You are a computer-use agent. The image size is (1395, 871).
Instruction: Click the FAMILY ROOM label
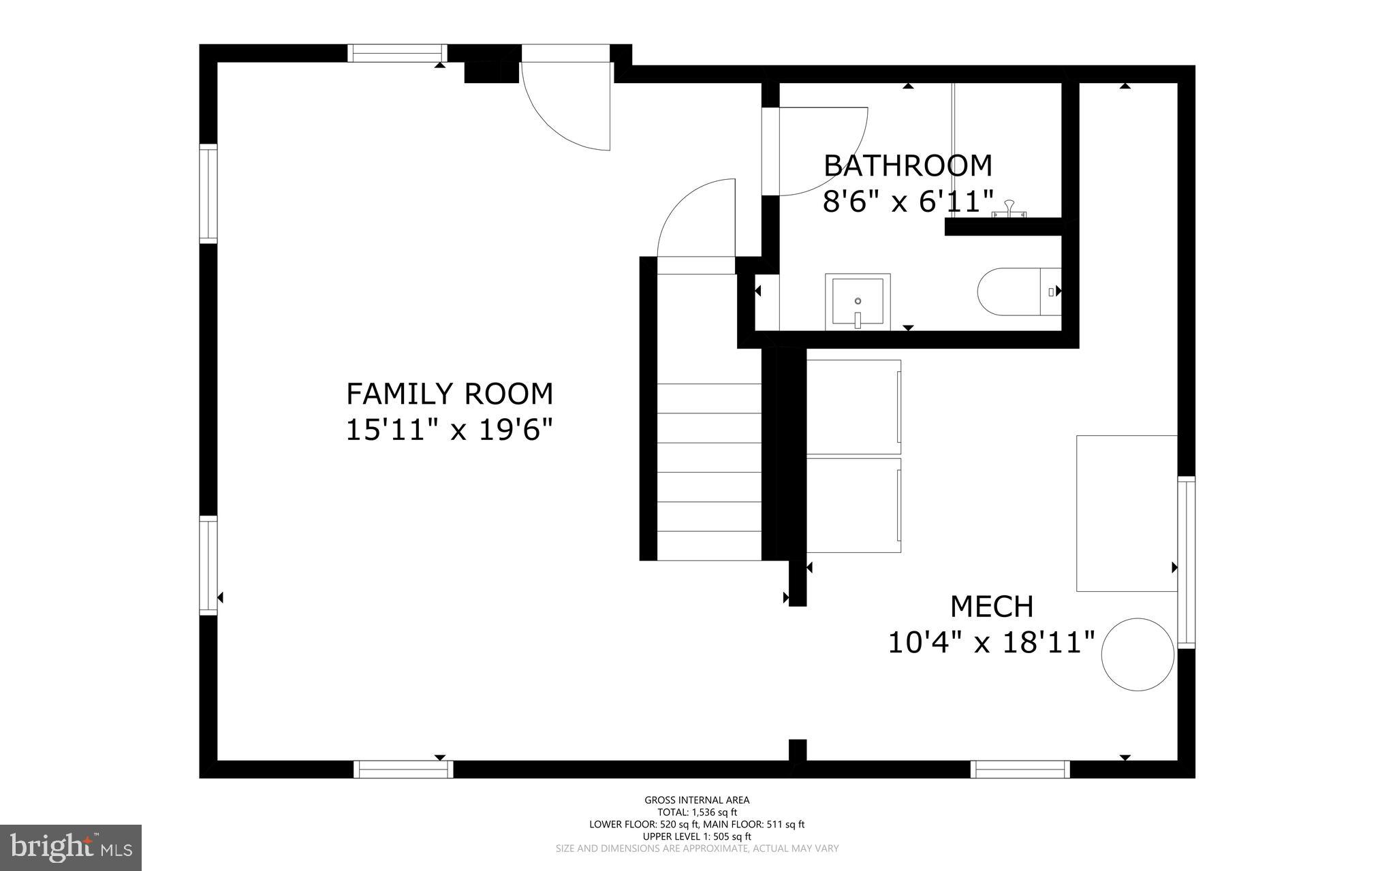click(x=450, y=394)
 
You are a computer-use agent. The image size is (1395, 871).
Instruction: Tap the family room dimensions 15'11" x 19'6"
click(x=449, y=430)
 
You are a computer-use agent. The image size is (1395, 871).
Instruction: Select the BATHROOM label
click(x=908, y=165)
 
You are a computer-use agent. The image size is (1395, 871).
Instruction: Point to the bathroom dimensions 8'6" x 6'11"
click(x=908, y=202)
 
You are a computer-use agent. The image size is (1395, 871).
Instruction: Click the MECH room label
click(x=992, y=606)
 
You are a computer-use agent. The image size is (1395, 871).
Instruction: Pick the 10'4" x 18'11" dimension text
click(x=992, y=642)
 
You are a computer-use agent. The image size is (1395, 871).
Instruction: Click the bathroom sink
click(x=858, y=302)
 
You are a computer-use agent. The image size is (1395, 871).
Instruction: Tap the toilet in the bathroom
click(x=1019, y=291)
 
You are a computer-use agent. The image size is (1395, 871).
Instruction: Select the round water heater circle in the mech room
click(x=1138, y=654)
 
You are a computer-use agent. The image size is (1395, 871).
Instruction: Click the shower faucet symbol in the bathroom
click(x=1009, y=209)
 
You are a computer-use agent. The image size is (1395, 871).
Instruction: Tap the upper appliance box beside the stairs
click(x=853, y=407)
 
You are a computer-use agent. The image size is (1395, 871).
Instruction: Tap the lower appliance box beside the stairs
click(x=853, y=505)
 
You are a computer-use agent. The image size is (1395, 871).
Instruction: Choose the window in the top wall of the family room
click(x=397, y=53)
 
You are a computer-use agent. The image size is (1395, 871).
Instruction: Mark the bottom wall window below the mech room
click(x=1020, y=769)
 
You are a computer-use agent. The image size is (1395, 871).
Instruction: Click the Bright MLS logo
click(x=71, y=847)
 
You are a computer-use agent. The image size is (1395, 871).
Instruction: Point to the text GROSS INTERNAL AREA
click(x=697, y=800)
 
